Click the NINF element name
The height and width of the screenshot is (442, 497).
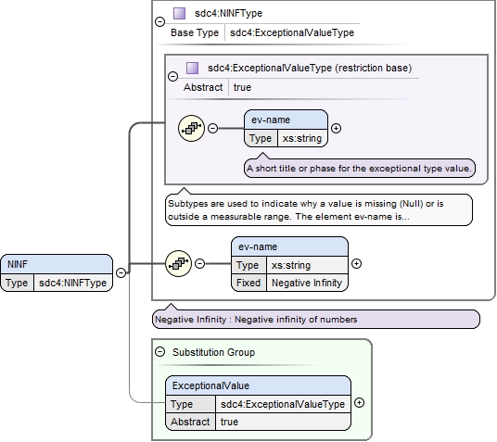click(18, 264)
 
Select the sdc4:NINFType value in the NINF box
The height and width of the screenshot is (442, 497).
click(72, 283)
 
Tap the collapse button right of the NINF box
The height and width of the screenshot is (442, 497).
click(121, 272)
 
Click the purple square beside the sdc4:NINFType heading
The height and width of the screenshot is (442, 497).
click(179, 13)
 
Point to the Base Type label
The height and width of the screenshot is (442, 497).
click(195, 32)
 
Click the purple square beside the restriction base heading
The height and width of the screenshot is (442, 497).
click(192, 68)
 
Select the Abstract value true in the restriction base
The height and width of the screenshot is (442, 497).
click(242, 87)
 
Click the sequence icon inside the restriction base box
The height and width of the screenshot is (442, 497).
click(191, 128)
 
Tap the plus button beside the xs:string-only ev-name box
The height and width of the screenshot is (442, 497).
click(336, 128)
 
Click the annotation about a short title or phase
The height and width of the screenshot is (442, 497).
click(360, 169)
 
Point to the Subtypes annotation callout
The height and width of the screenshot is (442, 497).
click(319, 209)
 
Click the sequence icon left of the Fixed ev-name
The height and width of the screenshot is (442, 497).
click(178, 263)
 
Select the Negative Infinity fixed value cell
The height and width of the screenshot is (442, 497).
click(307, 283)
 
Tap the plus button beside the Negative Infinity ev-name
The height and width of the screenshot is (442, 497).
click(357, 263)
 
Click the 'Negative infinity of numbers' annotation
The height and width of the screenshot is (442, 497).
click(316, 320)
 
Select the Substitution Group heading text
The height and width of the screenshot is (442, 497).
click(213, 352)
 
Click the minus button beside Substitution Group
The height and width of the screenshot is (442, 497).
click(160, 352)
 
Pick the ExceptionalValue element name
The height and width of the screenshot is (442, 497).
click(210, 385)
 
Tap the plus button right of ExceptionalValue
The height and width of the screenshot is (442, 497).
click(359, 403)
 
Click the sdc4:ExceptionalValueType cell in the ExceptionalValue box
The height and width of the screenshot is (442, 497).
click(283, 404)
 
